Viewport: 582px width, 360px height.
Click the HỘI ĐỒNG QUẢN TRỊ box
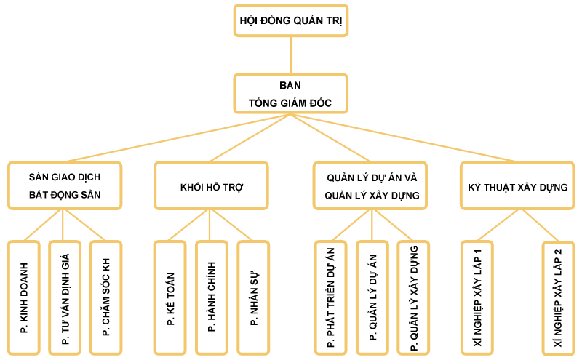291,20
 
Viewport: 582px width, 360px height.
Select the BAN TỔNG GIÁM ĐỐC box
291,94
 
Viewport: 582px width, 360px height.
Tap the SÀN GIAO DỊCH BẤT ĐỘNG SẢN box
65,185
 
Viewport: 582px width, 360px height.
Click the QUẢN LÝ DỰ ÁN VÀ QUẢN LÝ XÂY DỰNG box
372,185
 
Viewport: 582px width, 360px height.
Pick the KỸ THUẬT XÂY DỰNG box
517,187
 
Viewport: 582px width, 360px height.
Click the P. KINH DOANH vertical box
24,297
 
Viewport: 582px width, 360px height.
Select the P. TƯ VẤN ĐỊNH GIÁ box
65,297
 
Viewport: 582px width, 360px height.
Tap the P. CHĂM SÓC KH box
106,297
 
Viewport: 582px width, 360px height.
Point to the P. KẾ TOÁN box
170,297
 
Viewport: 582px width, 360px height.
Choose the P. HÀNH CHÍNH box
212,297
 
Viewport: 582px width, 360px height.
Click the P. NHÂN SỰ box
253,297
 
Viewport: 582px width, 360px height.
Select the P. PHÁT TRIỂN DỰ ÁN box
331,297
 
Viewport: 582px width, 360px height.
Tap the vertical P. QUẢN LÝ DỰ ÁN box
372,297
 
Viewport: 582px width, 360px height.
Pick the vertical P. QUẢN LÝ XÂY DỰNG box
413,297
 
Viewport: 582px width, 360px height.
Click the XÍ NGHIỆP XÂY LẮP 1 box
477,297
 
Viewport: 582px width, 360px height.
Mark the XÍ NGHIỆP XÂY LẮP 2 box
558,297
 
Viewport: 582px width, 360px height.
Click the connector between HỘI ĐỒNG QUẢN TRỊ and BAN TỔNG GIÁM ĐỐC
291,55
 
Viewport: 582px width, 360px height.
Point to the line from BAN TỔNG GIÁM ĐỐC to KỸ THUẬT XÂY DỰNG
407,138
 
